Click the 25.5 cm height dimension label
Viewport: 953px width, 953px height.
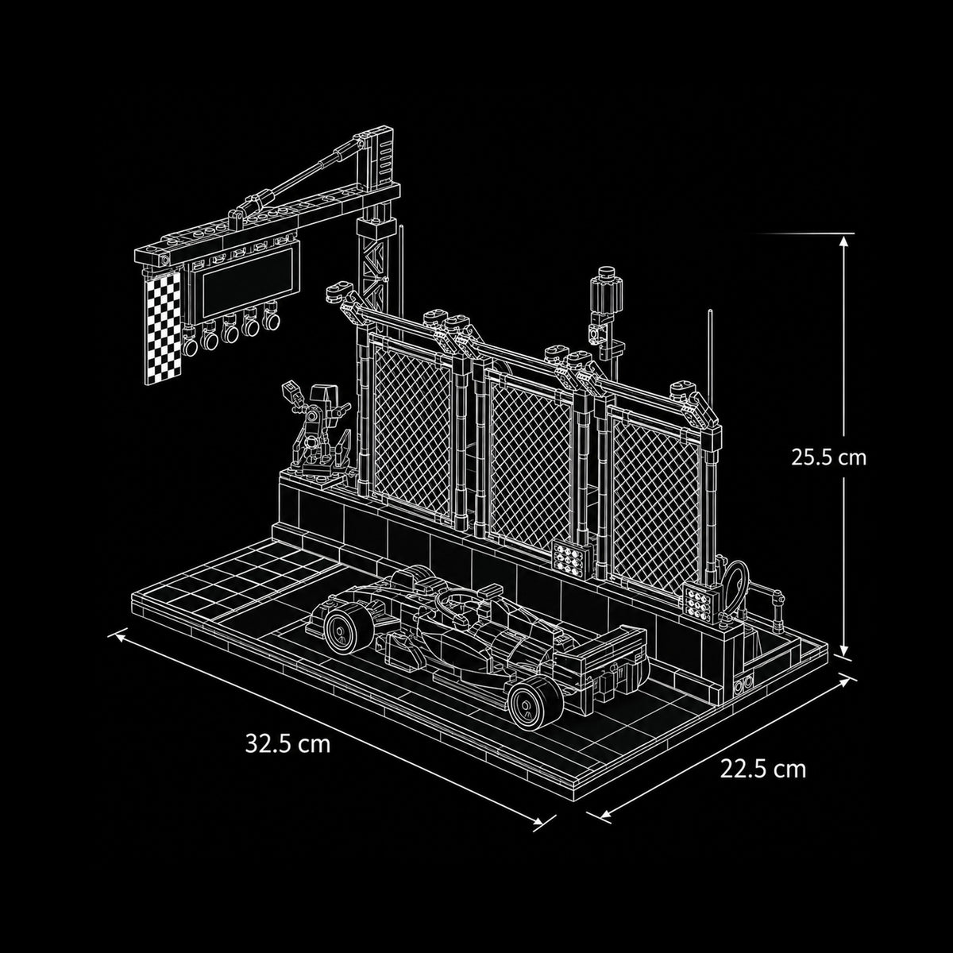coord(829,457)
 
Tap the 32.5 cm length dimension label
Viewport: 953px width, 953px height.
coord(287,744)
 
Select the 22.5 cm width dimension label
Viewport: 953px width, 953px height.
coord(763,769)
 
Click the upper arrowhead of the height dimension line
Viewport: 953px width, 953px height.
coord(843,240)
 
